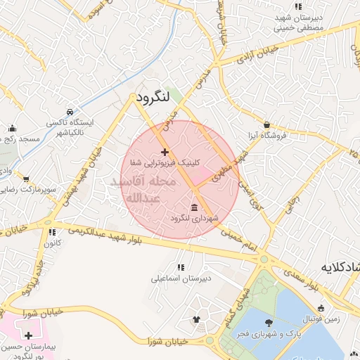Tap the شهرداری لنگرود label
195,219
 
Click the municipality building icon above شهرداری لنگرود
195,206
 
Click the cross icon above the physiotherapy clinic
165,152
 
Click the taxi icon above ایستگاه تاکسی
69,112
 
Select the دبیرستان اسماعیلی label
181,278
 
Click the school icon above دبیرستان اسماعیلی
181,267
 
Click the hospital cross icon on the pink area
27,335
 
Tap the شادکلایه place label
341,267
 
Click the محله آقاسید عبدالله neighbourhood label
144,190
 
